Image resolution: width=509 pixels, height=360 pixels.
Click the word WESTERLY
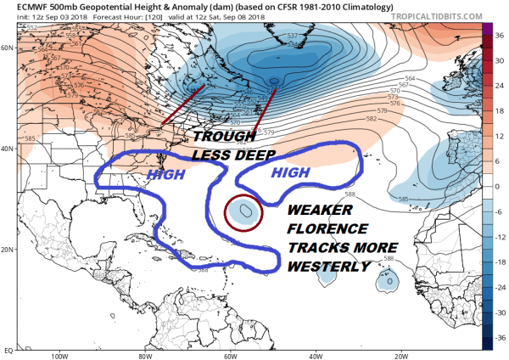326,267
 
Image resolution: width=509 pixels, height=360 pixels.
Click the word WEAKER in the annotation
322,210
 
